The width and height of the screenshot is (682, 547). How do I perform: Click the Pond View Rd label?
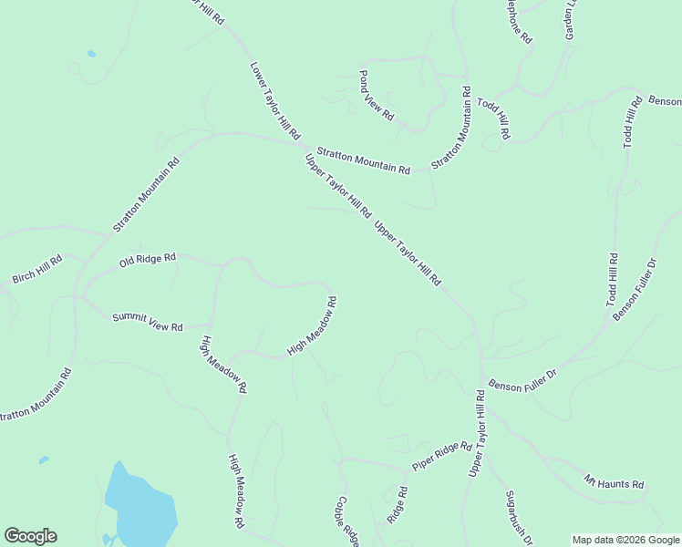point(376,95)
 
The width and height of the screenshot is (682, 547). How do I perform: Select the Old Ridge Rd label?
point(147,261)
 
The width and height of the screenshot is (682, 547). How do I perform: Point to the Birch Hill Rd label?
point(37,269)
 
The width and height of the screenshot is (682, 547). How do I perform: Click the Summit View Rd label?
point(148,322)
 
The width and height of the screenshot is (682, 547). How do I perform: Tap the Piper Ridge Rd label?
point(442,457)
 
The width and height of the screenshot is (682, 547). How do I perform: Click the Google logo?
point(30,536)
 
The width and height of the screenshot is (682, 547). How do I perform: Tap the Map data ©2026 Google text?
point(626,540)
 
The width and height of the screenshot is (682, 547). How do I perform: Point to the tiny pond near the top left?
point(91,54)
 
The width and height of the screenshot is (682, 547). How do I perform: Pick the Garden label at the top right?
point(571,18)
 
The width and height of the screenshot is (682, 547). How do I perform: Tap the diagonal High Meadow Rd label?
point(313,326)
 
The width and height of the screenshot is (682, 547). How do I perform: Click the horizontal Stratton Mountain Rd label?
point(363,160)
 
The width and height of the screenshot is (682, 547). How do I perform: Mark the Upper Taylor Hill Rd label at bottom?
point(476,434)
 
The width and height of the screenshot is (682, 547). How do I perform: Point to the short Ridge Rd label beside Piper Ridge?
point(397,504)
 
